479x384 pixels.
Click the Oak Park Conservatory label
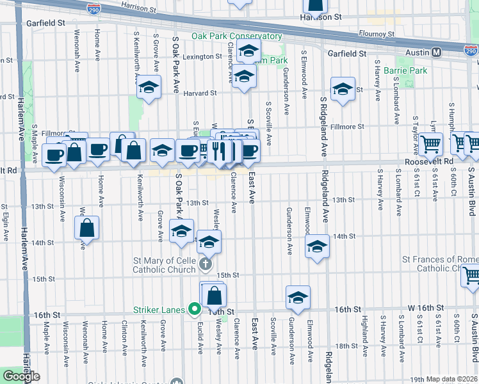click(x=236, y=36)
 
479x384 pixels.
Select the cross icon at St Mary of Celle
click(x=205, y=264)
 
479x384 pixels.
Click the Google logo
click(x=20, y=376)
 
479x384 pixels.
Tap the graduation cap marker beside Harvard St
click(x=149, y=88)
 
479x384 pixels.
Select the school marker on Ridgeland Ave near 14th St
click(x=316, y=246)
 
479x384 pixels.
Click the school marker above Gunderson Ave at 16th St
click(x=298, y=297)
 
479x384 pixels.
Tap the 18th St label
click(x=346, y=346)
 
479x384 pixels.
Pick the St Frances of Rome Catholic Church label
click(x=440, y=264)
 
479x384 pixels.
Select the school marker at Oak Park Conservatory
click(x=248, y=52)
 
